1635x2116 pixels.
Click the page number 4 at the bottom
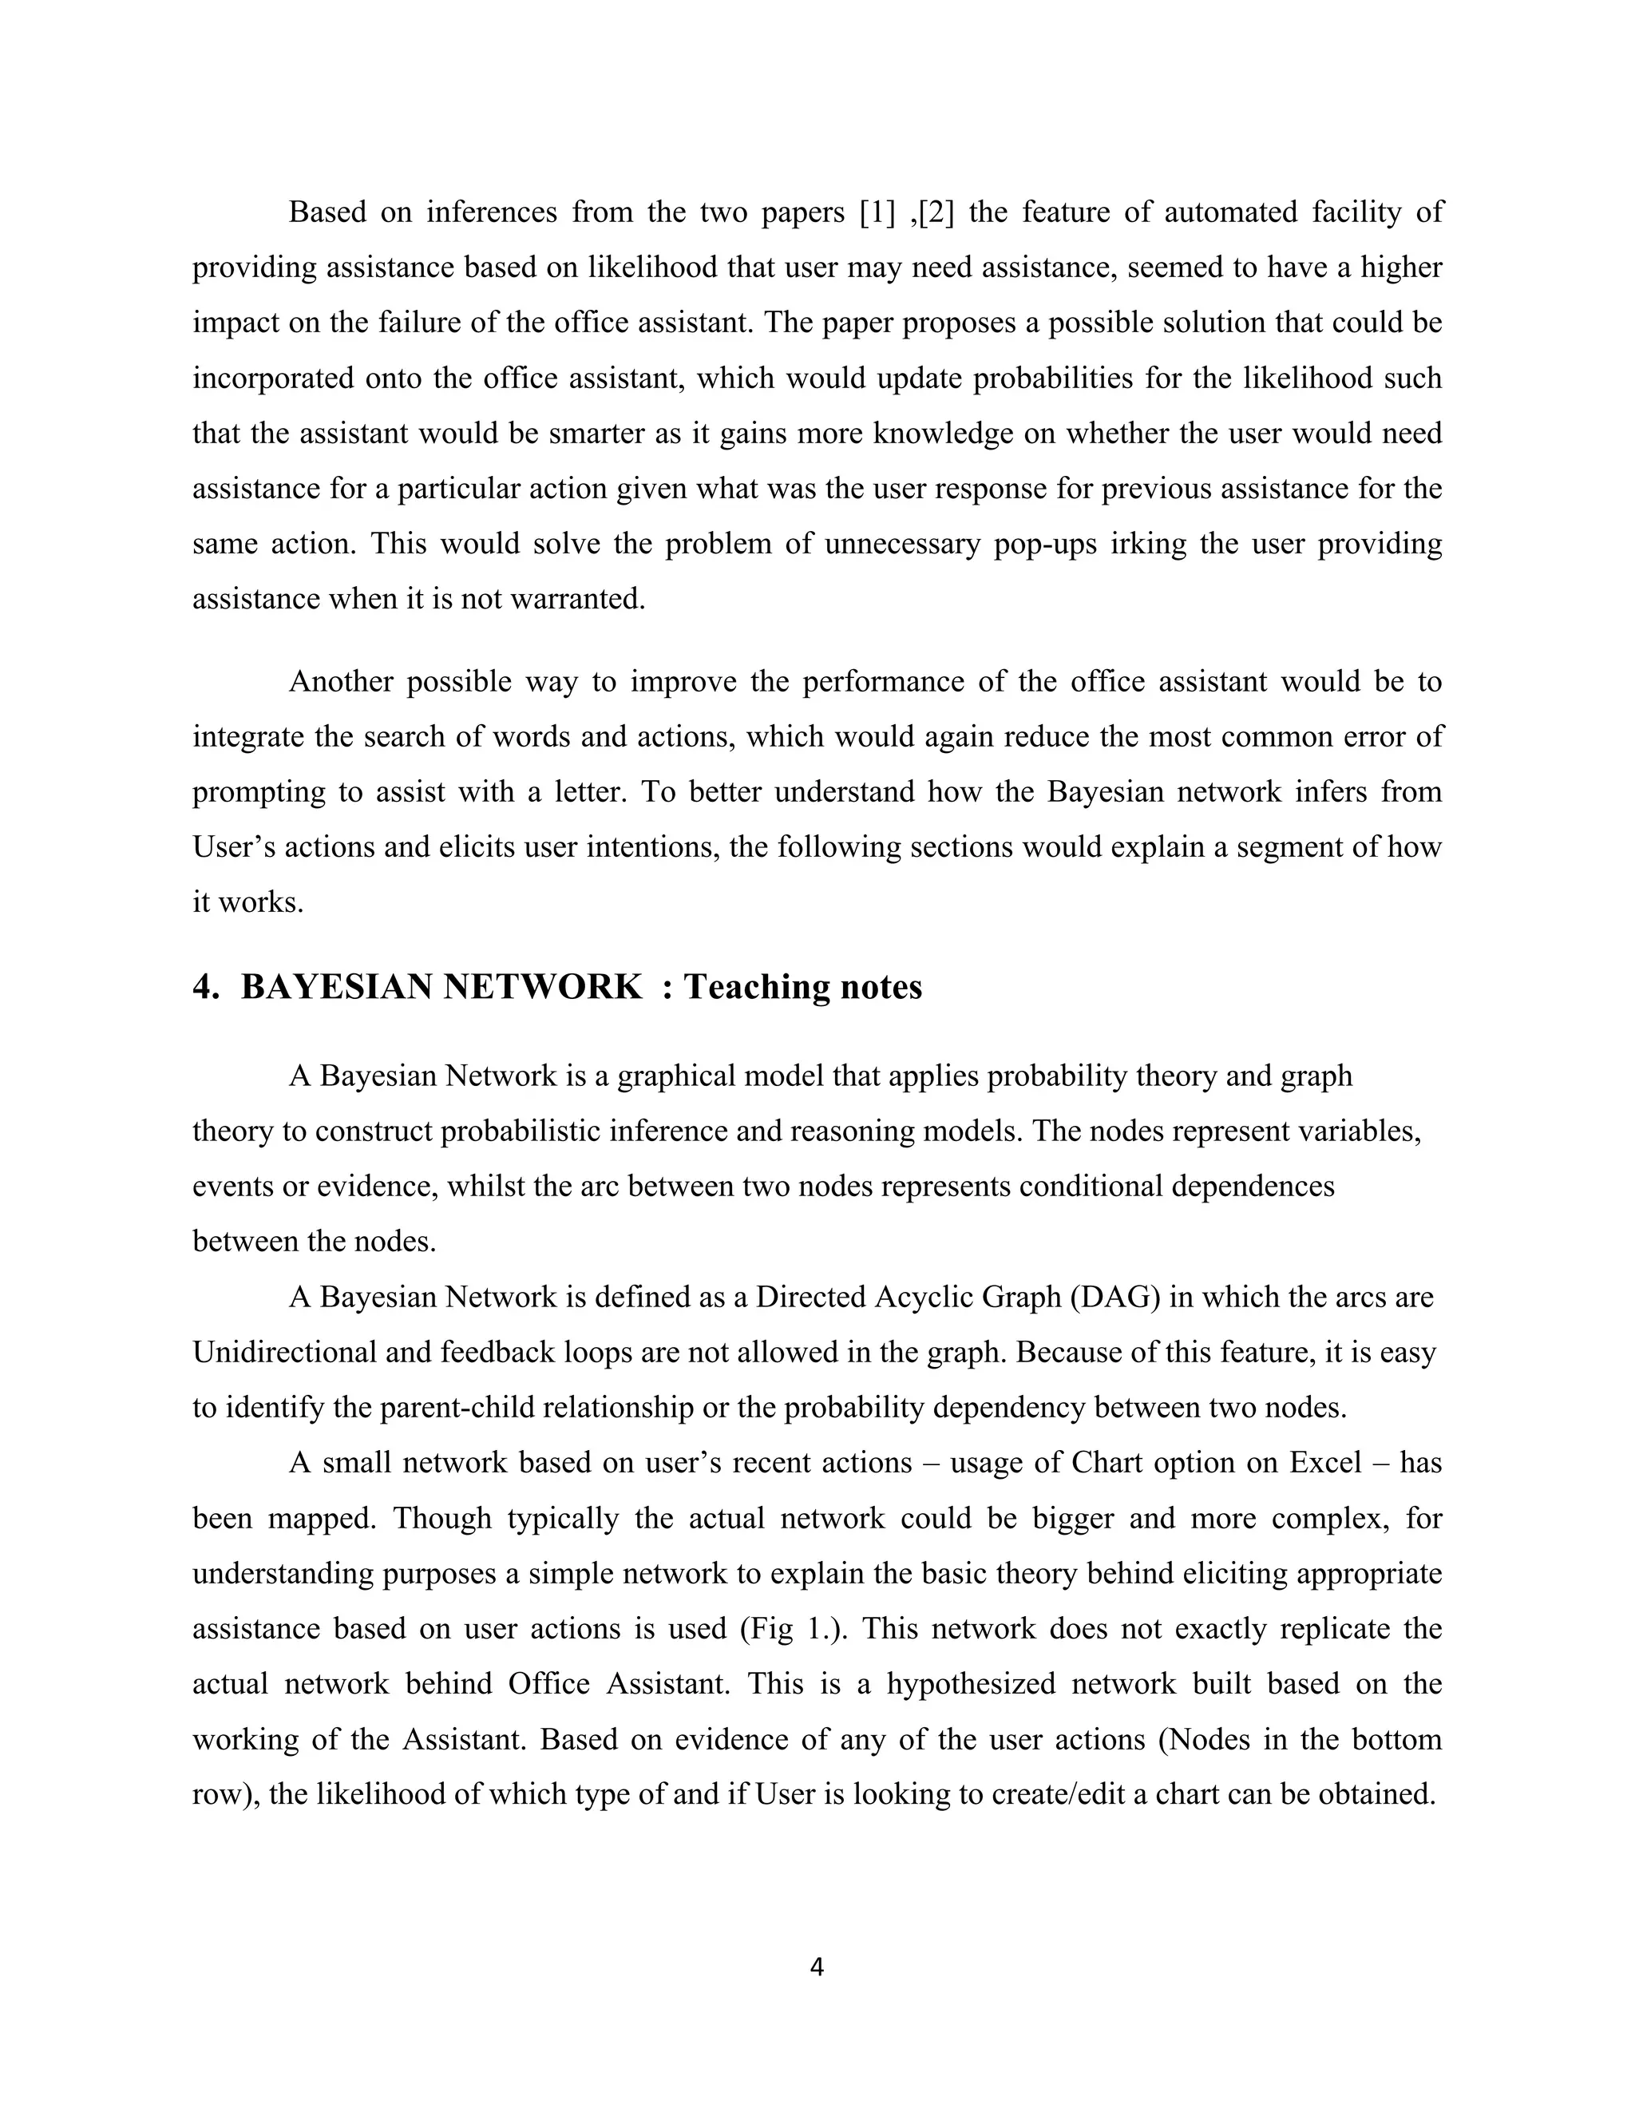point(817,1966)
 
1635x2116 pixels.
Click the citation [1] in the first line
point(877,212)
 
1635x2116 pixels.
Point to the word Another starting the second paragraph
point(340,682)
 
